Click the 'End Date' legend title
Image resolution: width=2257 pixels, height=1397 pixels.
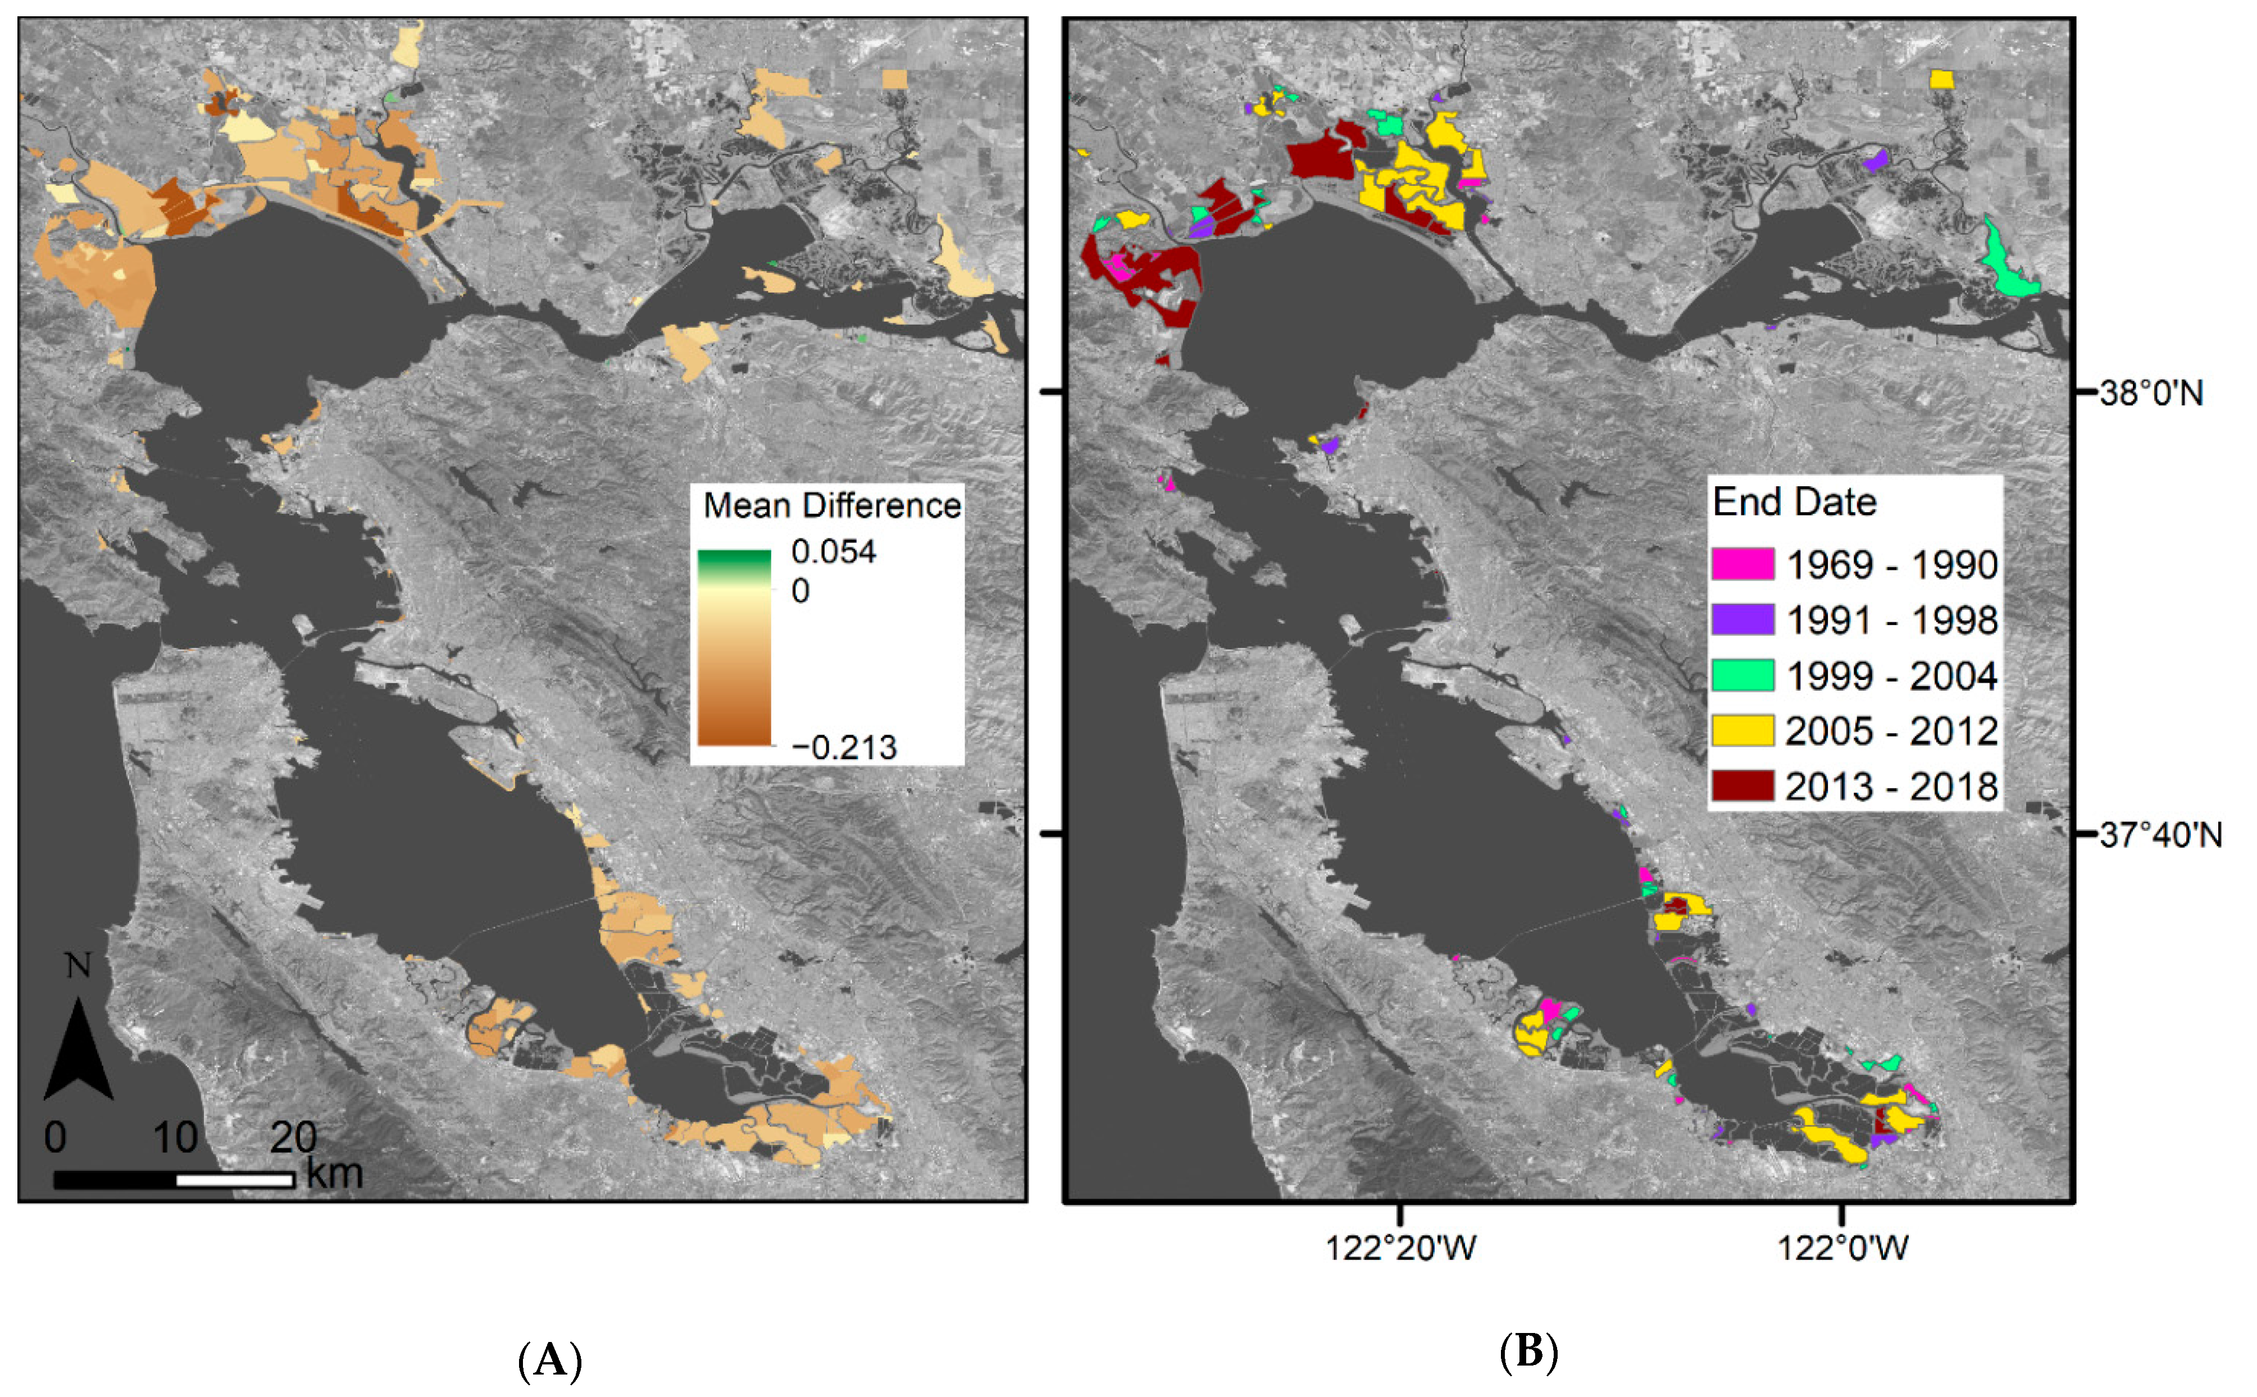pos(1794,502)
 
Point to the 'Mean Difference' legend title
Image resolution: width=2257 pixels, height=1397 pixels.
pos(832,505)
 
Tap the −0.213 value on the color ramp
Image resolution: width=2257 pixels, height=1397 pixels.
pos(844,747)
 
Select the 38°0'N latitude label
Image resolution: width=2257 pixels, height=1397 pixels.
pos(2151,394)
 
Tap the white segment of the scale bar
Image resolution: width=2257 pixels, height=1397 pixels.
pos(235,1180)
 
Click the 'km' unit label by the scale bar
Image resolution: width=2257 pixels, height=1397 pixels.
pos(334,1174)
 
